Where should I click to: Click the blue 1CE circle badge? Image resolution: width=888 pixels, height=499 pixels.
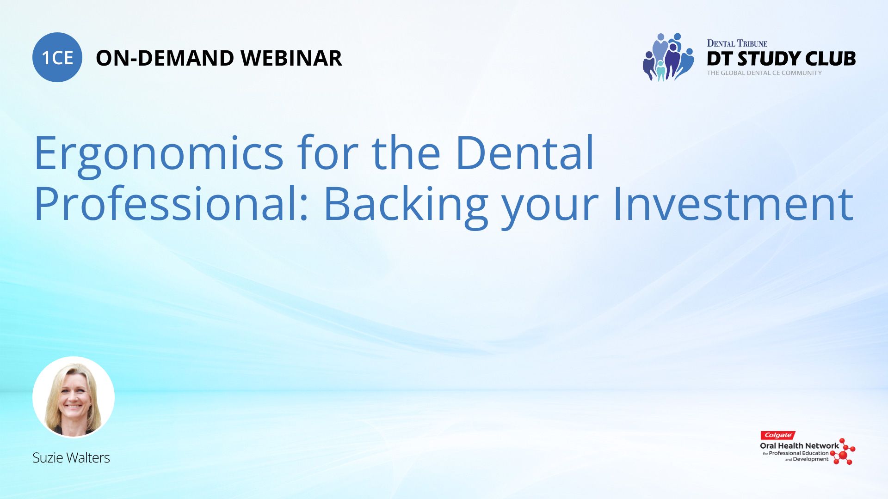point(57,57)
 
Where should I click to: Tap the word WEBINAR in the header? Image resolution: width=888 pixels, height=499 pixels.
point(291,58)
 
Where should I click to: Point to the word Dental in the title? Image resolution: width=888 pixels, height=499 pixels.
point(524,152)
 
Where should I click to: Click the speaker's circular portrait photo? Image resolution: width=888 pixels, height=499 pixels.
point(74,397)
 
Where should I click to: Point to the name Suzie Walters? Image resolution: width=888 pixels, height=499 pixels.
point(71,457)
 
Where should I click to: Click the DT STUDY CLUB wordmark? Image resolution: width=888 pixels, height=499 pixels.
point(781,59)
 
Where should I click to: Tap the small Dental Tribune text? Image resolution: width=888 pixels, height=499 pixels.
point(737,43)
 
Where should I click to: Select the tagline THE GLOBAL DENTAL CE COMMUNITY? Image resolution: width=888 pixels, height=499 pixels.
point(765,73)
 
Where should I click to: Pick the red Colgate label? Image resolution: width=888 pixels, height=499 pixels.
point(778,435)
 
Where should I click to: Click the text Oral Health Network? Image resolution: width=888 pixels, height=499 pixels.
point(799,446)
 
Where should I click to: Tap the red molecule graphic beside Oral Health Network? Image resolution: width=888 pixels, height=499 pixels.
point(843,451)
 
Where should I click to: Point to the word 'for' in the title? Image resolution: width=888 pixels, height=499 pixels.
point(328,152)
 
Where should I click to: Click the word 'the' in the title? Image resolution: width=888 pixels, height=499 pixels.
point(406,152)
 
